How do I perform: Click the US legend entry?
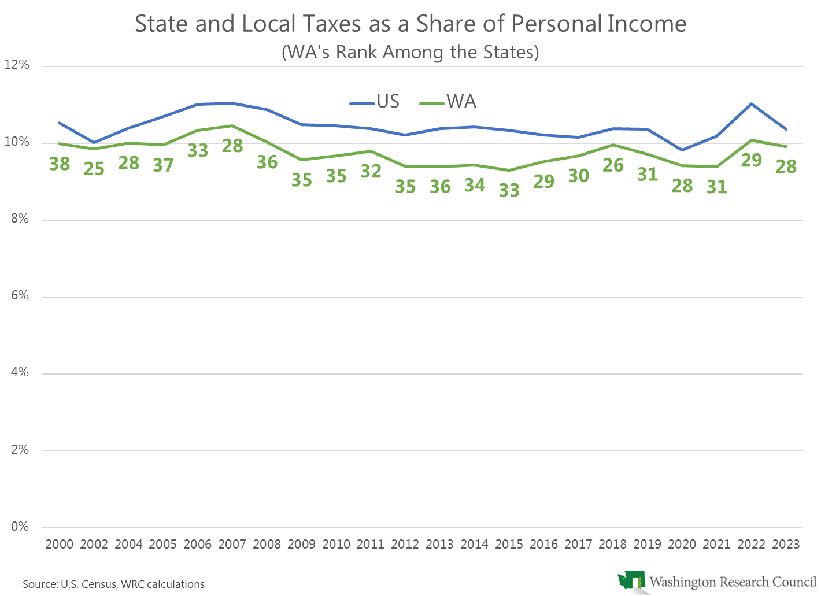coord(375,102)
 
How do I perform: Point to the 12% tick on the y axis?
coord(17,65)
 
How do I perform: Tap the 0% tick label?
coord(19,527)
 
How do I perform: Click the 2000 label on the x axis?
coord(60,544)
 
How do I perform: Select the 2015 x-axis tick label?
coord(509,544)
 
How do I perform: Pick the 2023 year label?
coord(786,544)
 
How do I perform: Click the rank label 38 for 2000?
coord(60,164)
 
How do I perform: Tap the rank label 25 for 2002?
coord(94,169)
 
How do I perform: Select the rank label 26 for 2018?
coord(613,165)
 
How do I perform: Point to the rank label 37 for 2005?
coord(163,165)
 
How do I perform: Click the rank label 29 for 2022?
coord(752,160)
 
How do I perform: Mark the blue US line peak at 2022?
coord(752,103)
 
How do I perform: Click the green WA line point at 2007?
coord(232,125)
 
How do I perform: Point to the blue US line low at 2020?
coord(682,150)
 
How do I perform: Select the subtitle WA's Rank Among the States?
coord(410,52)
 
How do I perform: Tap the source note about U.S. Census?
coord(114,584)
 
